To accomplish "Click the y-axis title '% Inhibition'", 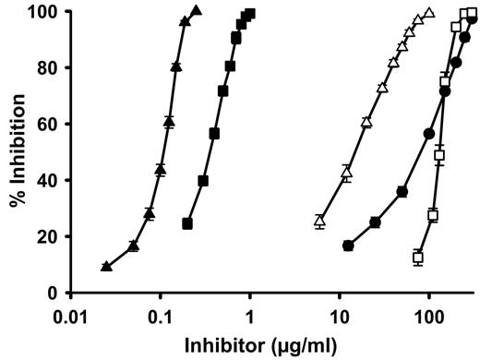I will pyautogui.click(x=16, y=152).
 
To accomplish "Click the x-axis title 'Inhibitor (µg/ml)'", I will pyautogui.click(x=268, y=346).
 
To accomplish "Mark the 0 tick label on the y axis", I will pyautogui.click(x=51, y=294).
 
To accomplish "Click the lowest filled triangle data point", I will pyautogui.click(x=106, y=267).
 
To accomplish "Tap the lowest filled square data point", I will pyautogui.click(x=187, y=224).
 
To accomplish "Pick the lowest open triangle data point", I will pyautogui.click(x=319, y=221).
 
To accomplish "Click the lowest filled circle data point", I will pyautogui.click(x=348, y=246).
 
